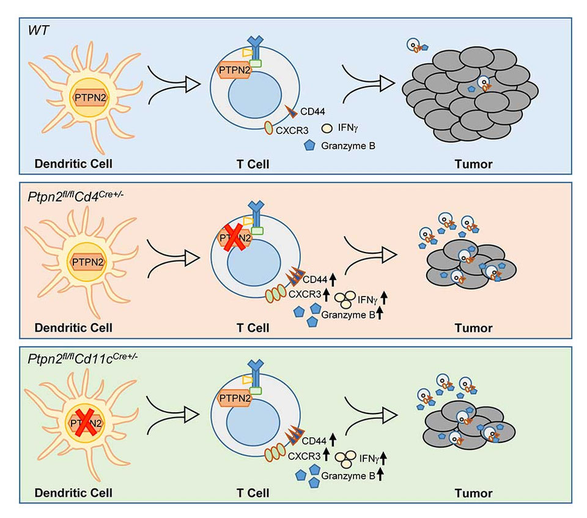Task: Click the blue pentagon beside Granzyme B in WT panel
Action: point(311,145)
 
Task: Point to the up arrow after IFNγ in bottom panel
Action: point(384,458)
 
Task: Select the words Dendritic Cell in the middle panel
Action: point(73,327)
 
